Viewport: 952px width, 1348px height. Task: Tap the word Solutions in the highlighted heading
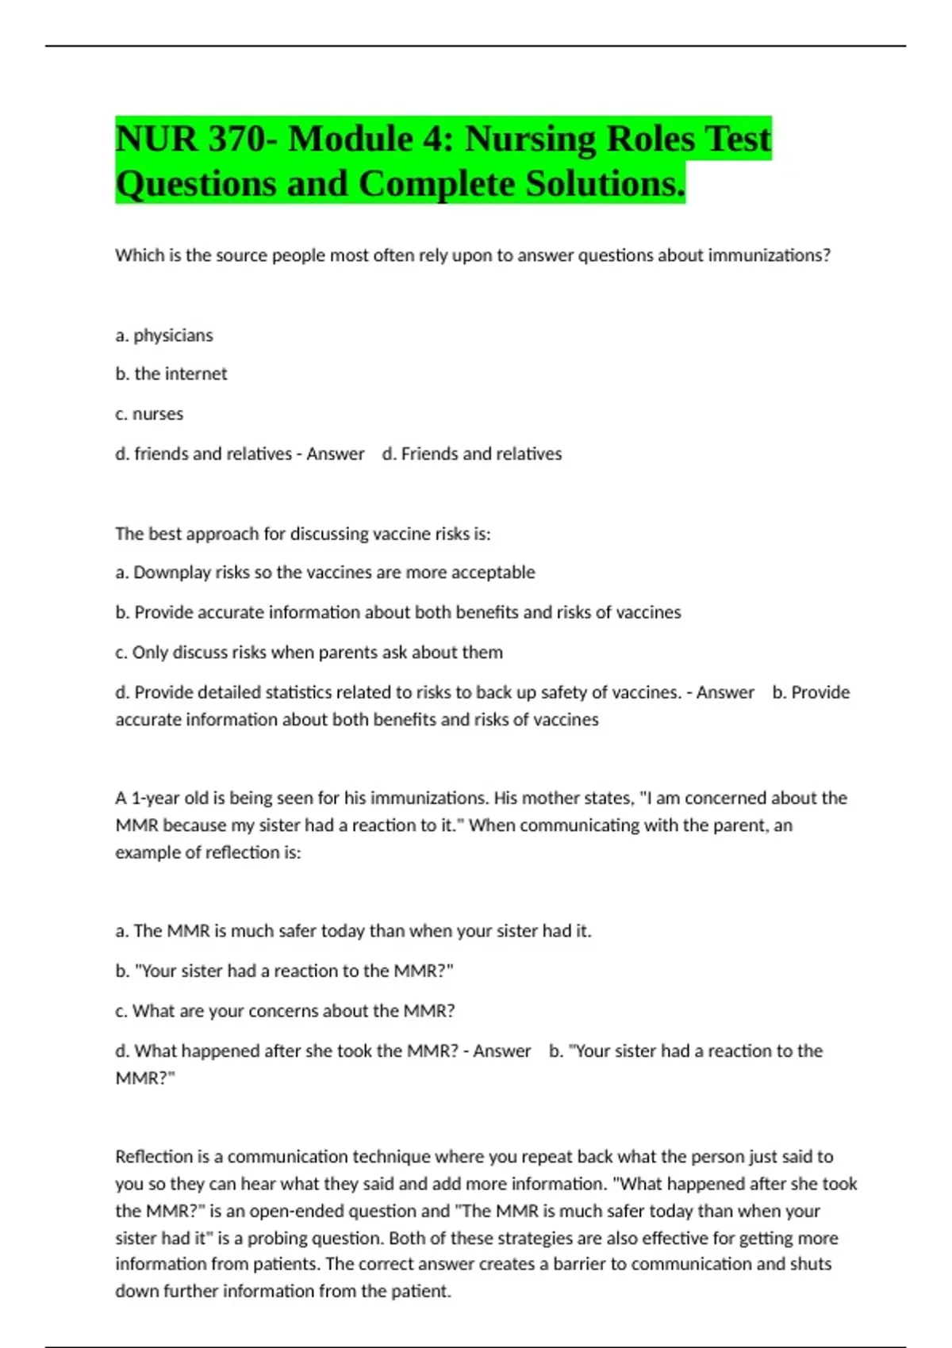pos(603,184)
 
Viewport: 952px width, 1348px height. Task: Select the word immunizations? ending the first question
pos(769,255)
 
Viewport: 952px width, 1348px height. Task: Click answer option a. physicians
pos(164,335)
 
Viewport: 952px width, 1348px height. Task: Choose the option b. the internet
pos(171,374)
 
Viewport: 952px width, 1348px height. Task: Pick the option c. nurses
pos(149,414)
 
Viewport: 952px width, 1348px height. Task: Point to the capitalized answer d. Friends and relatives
pos(472,454)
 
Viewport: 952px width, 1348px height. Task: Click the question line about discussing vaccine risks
pos(302,534)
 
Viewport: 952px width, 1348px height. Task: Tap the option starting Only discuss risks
pos(309,653)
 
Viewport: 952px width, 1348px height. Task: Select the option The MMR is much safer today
pos(353,931)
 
